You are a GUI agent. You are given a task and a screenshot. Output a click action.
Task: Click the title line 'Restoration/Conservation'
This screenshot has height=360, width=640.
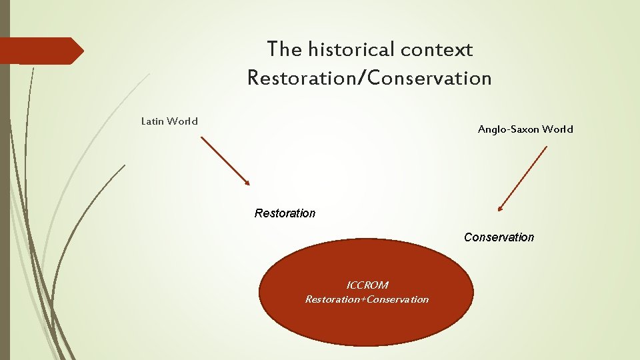pos(369,78)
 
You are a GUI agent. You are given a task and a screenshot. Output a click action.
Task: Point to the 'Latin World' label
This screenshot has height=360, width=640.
pos(169,121)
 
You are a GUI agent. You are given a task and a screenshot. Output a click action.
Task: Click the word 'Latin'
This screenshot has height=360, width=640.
pos(153,121)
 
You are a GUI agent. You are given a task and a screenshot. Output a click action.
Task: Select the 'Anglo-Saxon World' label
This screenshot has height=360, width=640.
pos(525,129)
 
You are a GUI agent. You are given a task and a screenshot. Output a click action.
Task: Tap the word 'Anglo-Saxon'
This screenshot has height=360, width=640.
pos(509,129)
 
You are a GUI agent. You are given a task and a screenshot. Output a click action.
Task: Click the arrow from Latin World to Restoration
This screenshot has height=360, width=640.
pos(225,161)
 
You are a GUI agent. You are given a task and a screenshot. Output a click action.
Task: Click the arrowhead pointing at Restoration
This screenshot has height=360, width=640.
pos(247,183)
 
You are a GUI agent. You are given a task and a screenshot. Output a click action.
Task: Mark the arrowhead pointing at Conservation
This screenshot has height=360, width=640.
pos(501,208)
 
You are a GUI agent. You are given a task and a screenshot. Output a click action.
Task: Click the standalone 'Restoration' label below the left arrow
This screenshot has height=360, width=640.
pos(285,213)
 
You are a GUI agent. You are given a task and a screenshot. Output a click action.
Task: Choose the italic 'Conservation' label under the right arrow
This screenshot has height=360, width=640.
pos(499,237)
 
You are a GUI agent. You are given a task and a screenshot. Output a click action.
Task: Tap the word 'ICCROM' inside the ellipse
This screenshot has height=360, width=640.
pos(367,285)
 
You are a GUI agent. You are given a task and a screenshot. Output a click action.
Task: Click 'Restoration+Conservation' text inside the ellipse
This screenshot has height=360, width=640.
pos(367,299)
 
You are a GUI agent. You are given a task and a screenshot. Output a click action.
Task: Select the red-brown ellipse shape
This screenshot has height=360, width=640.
pos(366,323)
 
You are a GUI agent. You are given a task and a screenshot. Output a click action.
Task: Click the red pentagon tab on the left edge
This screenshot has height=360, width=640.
pos(40,51)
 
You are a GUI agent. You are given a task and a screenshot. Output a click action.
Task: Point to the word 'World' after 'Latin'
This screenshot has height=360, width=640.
pos(183,121)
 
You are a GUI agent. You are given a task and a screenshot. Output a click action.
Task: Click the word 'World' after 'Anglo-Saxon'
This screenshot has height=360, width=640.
pos(557,129)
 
